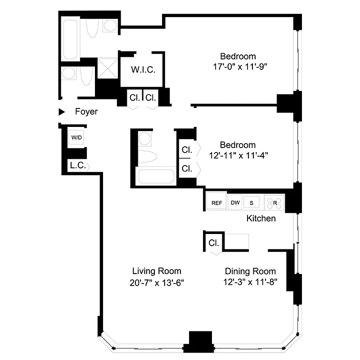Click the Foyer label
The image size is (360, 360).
point(86,112)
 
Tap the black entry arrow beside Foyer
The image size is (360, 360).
point(62,112)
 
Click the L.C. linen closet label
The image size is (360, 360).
point(77,166)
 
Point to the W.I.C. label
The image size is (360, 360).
point(143,70)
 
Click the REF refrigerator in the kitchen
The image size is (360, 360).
point(217,203)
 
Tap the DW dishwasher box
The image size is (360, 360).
point(235,203)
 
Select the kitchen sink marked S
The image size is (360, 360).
point(252,203)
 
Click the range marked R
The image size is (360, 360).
point(274,203)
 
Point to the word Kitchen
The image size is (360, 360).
point(261,219)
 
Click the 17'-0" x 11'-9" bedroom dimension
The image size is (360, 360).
point(238,67)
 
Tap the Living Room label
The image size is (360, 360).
point(157,271)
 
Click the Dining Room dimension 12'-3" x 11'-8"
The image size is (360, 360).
point(250,283)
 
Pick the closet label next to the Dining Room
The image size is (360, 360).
point(214,243)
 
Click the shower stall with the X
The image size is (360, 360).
point(107,67)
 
